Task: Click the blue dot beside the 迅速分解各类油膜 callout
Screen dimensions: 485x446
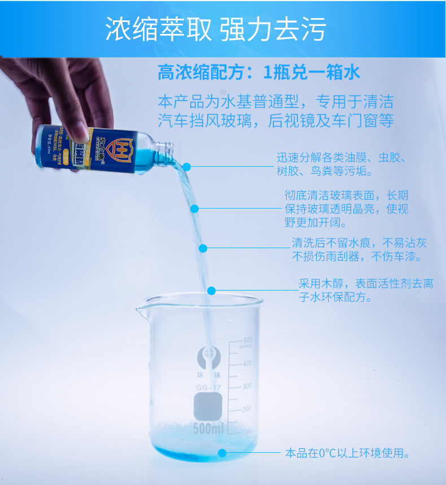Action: click(x=187, y=167)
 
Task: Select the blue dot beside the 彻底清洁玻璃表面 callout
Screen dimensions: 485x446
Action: click(x=195, y=209)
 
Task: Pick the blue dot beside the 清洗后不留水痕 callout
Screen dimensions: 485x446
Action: click(x=203, y=248)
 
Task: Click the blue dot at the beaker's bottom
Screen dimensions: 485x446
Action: click(x=222, y=453)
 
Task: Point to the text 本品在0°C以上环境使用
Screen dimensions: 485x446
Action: click(x=347, y=453)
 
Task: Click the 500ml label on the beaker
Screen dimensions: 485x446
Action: click(x=209, y=429)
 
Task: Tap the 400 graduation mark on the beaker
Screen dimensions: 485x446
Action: click(x=247, y=363)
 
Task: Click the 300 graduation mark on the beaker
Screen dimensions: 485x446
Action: click(x=247, y=387)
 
